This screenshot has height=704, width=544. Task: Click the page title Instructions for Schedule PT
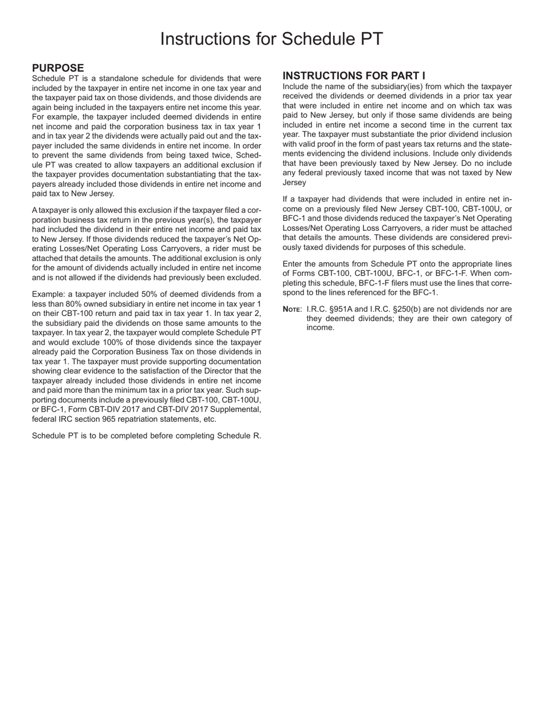coord(271,39)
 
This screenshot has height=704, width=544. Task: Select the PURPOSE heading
coord(58,68)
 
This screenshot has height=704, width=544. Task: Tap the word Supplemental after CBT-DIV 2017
coord(236,409)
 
